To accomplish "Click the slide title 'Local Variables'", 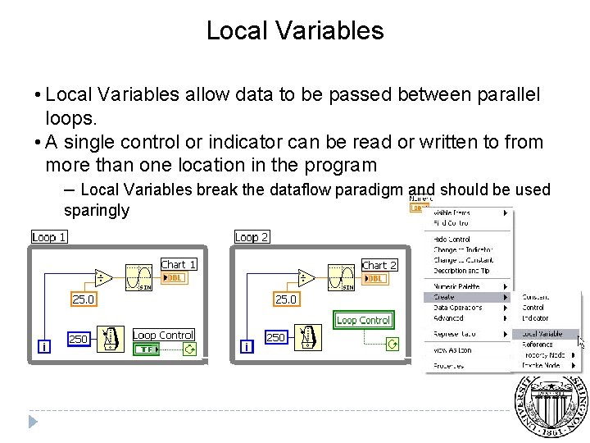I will [294, 30].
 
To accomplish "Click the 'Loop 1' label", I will [48, 237].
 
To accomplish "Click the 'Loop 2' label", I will [252, 237].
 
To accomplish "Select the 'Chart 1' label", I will [178, 264].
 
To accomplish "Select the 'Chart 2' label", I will [379, 265].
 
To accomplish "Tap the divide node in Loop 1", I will [103, 278].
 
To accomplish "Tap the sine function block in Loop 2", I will [341, 277].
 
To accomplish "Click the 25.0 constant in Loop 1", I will [83, 299].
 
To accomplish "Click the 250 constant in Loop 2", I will [276, 337].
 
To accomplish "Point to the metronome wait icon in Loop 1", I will [109, 337].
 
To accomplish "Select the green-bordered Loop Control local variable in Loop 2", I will [363, 320].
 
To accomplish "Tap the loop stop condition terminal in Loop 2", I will [393, 344].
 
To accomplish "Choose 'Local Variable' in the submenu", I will [542, 334].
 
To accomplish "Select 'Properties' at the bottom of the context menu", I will [449, 365].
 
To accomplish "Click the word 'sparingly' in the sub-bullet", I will [97, 210].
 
